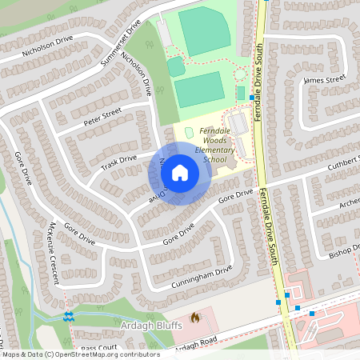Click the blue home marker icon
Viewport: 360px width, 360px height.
(180, 172)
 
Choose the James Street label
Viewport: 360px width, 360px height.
(325, 79)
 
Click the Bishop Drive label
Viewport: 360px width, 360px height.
(345, 253)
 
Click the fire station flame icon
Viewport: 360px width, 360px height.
(194, 318)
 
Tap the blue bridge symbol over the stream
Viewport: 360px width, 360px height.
(68, 316)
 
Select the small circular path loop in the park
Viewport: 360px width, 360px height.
(241, 76)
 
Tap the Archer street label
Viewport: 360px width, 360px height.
(349, 202)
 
